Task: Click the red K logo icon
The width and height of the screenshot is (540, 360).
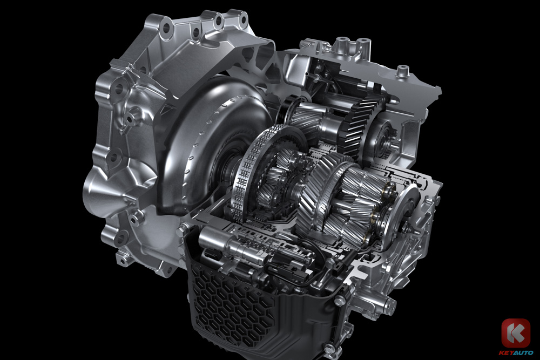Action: [x=515, y=333]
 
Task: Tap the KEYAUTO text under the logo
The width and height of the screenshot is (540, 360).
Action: [x=516, y=352]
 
